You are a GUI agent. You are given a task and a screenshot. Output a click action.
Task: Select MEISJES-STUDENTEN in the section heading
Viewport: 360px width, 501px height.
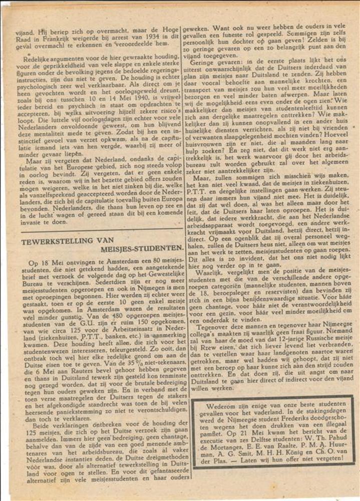142,248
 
